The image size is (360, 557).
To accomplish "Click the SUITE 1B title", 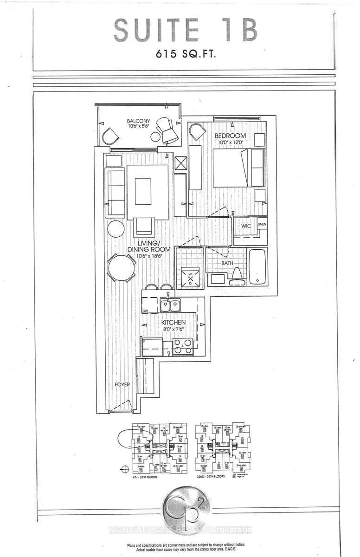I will (185, 31).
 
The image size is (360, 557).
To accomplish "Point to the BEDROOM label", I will (230, 136).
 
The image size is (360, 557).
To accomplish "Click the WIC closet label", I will (246, 226).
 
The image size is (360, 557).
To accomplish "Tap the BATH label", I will (227, 263).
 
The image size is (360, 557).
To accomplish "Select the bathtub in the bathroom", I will (257, 267).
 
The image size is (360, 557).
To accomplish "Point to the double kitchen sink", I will (170, 305).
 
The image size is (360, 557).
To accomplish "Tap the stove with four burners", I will (182, 347).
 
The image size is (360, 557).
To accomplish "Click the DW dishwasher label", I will (145, 311).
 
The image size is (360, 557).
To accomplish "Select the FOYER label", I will (123, 385).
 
